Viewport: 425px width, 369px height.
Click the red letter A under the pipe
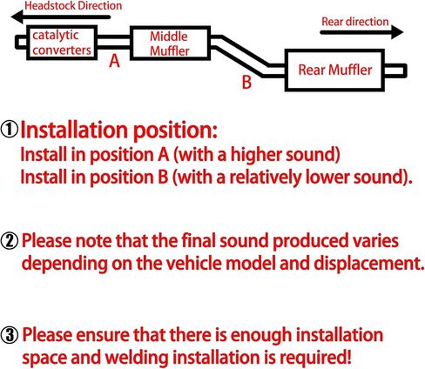114,61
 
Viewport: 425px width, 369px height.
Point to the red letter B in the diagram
246,82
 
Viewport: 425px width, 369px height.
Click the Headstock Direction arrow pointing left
61,17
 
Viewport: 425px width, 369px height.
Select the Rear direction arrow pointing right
361,32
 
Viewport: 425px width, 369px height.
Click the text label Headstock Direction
73,6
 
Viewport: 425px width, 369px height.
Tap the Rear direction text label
355,22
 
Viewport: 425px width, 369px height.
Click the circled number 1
10,130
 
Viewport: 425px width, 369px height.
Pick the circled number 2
10,241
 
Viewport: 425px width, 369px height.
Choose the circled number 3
10,336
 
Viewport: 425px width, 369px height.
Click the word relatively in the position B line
264,177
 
